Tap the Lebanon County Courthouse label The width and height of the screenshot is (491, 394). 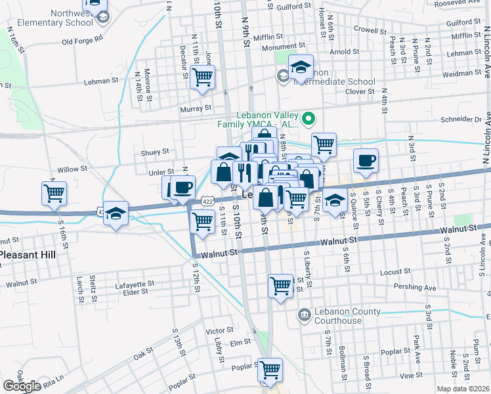coord(338,316)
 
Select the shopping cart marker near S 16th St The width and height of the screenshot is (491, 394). coord(54,193)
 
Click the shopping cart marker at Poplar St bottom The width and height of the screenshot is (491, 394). coord(270,370)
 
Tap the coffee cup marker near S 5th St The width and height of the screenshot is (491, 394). coord(366,160)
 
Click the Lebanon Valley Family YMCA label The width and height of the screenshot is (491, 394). coord(259,118)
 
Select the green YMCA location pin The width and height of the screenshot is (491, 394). coord(310,119)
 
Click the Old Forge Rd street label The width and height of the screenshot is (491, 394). coord(82,40)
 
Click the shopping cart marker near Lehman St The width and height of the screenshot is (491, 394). coord(202,77)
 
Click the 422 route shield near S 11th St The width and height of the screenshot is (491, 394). coord(207,199)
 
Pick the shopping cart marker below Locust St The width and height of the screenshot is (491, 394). coord(281,286)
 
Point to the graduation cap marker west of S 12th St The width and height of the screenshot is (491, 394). coord(116,213)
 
